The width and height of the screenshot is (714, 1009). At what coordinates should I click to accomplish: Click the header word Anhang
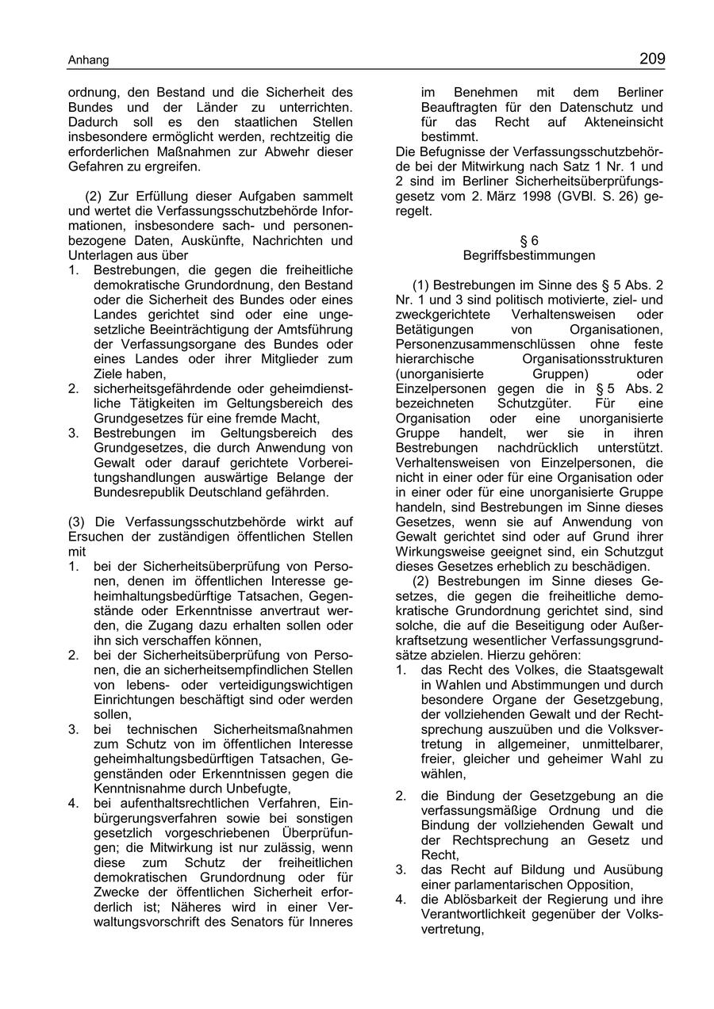(x=88, y=60)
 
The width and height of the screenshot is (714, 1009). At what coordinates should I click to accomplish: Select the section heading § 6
(x=529, y=241)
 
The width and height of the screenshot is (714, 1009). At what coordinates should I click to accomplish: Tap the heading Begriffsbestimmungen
(x=529, y=255)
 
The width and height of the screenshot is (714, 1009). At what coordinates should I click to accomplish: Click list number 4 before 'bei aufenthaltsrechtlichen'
(x=73, y=803)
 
